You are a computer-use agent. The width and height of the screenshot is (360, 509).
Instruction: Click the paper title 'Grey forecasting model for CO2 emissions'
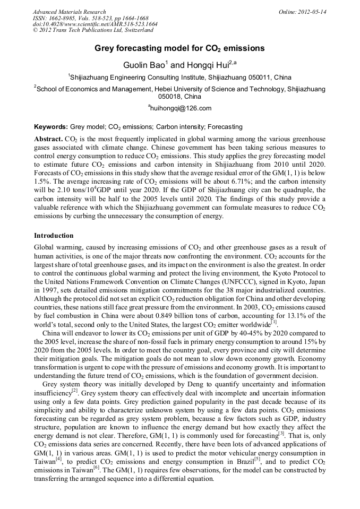click(179, 48)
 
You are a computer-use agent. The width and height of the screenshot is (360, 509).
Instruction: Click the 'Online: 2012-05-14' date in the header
click(303, 12)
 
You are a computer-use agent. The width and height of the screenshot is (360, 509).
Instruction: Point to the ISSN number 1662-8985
click(65, 18)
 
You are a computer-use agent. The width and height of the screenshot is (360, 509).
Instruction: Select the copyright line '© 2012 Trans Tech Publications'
click(85, 31)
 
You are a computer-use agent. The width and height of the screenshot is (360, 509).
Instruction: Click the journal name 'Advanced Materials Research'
click(69, 12)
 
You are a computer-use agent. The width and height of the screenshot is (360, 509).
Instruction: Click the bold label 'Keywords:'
click(51, 127)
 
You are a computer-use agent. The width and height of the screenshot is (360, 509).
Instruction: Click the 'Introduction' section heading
click(54, 235)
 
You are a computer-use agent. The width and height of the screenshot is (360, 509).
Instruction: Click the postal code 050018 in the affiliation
click(168, 97)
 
